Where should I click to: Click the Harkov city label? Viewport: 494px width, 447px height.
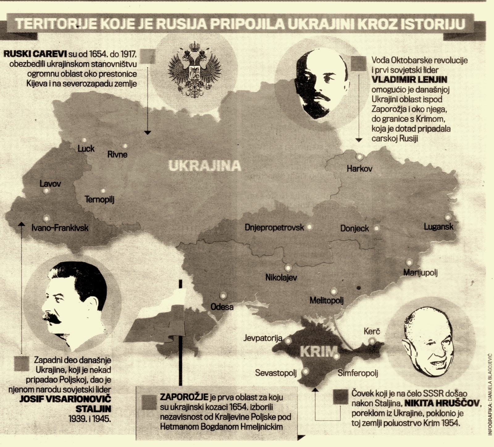click(x=359, y=169)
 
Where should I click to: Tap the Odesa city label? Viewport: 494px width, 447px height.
click(x=222, y=307)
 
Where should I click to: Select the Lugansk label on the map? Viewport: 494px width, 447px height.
click(x=438, y=227)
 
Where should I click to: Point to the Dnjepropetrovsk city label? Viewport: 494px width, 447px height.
click(x=274, y=228)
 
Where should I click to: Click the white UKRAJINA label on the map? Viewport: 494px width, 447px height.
click(x=205, y=166)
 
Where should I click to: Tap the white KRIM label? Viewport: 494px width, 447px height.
click(x=318, y=352)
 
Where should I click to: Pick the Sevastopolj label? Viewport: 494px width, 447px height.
click(x=276, y=373)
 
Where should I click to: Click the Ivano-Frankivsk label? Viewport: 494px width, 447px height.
click(x=60, y=228)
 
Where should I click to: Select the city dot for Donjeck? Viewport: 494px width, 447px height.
click(x=377, y=228)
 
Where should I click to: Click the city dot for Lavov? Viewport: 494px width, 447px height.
click(x=46, y=191)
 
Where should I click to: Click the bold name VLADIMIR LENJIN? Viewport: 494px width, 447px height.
click(x=409, y=80)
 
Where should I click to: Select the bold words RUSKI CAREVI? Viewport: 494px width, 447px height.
click(x=35, y=54)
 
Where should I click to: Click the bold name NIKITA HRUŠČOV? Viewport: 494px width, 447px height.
click(x=442, y=403)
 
